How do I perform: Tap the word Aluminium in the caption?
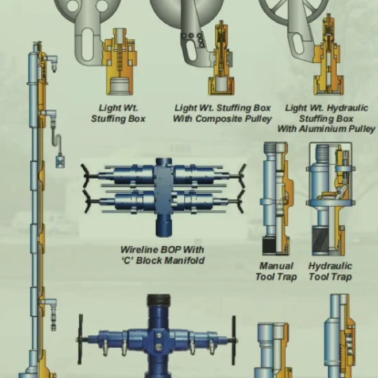(322, 129)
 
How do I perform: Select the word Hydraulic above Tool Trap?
(330, 266)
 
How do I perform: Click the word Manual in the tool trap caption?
(276, 266)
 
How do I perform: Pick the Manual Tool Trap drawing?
(277, 199)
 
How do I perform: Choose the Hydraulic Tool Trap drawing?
(331, 199)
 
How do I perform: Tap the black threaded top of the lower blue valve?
(158, 300)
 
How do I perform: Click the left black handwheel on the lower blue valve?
(80, 340)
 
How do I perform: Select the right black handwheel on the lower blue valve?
(234, 340)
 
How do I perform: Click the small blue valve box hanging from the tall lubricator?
(60, 162)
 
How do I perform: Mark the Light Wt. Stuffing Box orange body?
(120, 62)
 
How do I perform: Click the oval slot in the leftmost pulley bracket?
(87, 44)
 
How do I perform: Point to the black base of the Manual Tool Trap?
(269, 245)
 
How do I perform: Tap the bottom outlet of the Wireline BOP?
(164, 225)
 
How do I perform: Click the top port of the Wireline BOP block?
(164, 162)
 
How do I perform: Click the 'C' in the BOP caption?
(128, 260)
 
